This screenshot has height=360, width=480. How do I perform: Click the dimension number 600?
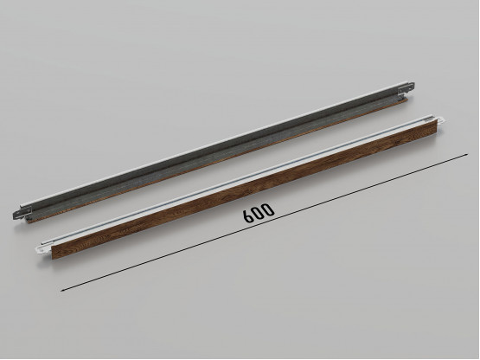point(259,212)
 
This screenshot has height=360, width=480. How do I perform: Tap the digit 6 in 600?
point(248,216)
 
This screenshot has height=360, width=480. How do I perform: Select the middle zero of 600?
point(259,212)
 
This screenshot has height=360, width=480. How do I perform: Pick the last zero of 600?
point(268,208)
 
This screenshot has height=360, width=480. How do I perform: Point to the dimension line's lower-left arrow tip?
point(61,291)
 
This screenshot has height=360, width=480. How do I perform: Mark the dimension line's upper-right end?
point(467,154)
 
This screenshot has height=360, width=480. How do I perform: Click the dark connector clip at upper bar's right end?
point(406,88)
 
